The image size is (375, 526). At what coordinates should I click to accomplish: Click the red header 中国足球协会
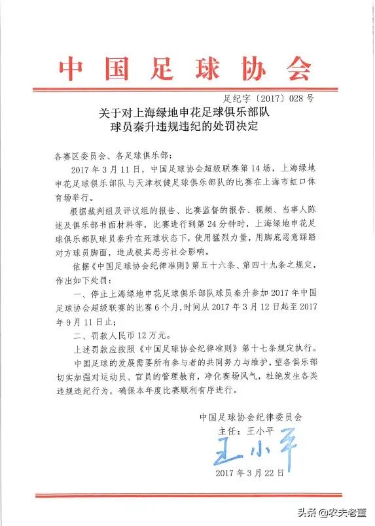[187, 67]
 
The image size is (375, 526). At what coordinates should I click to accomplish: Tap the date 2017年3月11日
[102, 172]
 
